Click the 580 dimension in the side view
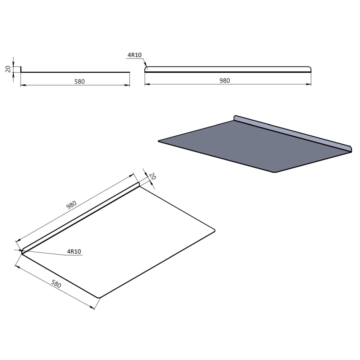point(80,81)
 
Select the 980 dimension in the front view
point(225,81)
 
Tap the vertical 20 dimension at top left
point(8,69)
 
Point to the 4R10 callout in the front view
point(135,55)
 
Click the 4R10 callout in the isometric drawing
point(74,251)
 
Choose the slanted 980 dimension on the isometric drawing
point(71,205)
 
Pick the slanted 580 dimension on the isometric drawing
point(56,284)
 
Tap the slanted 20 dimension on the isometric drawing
point(152,176)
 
